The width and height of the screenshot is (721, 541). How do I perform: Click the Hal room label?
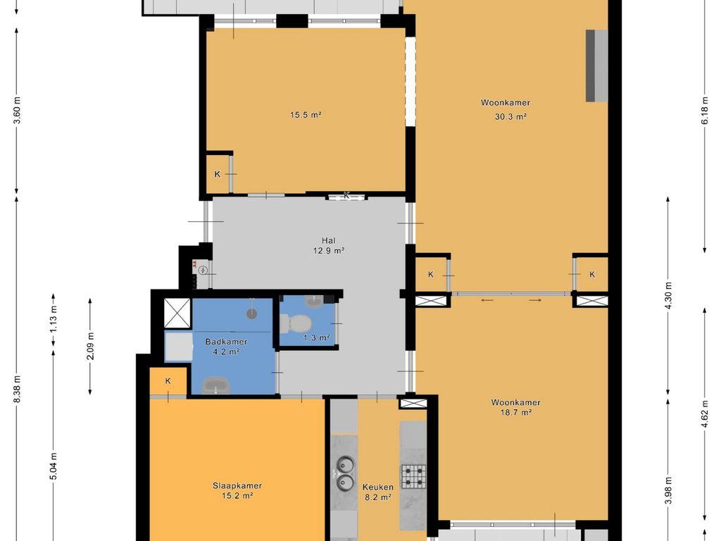click(x=328, y=240)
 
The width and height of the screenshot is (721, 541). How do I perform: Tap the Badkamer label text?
click(x=226, y=342)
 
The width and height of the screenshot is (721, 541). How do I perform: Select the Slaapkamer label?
click(x=237, y=485)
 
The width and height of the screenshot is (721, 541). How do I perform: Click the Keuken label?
click(x=378, y=487)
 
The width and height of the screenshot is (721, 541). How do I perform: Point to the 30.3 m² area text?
click(x=510, y=117)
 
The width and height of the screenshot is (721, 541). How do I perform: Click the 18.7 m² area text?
click(x=516, y=412)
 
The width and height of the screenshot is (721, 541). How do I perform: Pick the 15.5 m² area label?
click(x=306, y=115)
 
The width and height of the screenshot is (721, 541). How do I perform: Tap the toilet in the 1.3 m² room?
click(x=294, y=323)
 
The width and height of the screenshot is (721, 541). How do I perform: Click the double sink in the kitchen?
click(x=344, y=473)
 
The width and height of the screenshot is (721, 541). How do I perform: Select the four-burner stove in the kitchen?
click(x=414, y=476)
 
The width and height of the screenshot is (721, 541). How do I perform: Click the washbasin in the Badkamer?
click(x=217, y=385)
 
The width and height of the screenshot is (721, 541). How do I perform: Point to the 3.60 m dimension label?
click(x=17, y=111)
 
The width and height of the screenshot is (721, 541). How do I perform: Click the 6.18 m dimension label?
click(x=704, y=111)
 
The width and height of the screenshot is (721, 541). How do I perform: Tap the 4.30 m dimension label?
click(x=668, y=295)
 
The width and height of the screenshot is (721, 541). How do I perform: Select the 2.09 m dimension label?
click(x=90, y=346)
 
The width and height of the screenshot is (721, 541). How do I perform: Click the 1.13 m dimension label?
click(x=54, y=320)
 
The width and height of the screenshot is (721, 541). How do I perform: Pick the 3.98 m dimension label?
click(x=668, y=490)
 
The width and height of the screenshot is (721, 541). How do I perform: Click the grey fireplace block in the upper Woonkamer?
click(x=596, y=66)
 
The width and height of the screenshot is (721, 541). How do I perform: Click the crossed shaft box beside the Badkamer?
click(x=177, y=313)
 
